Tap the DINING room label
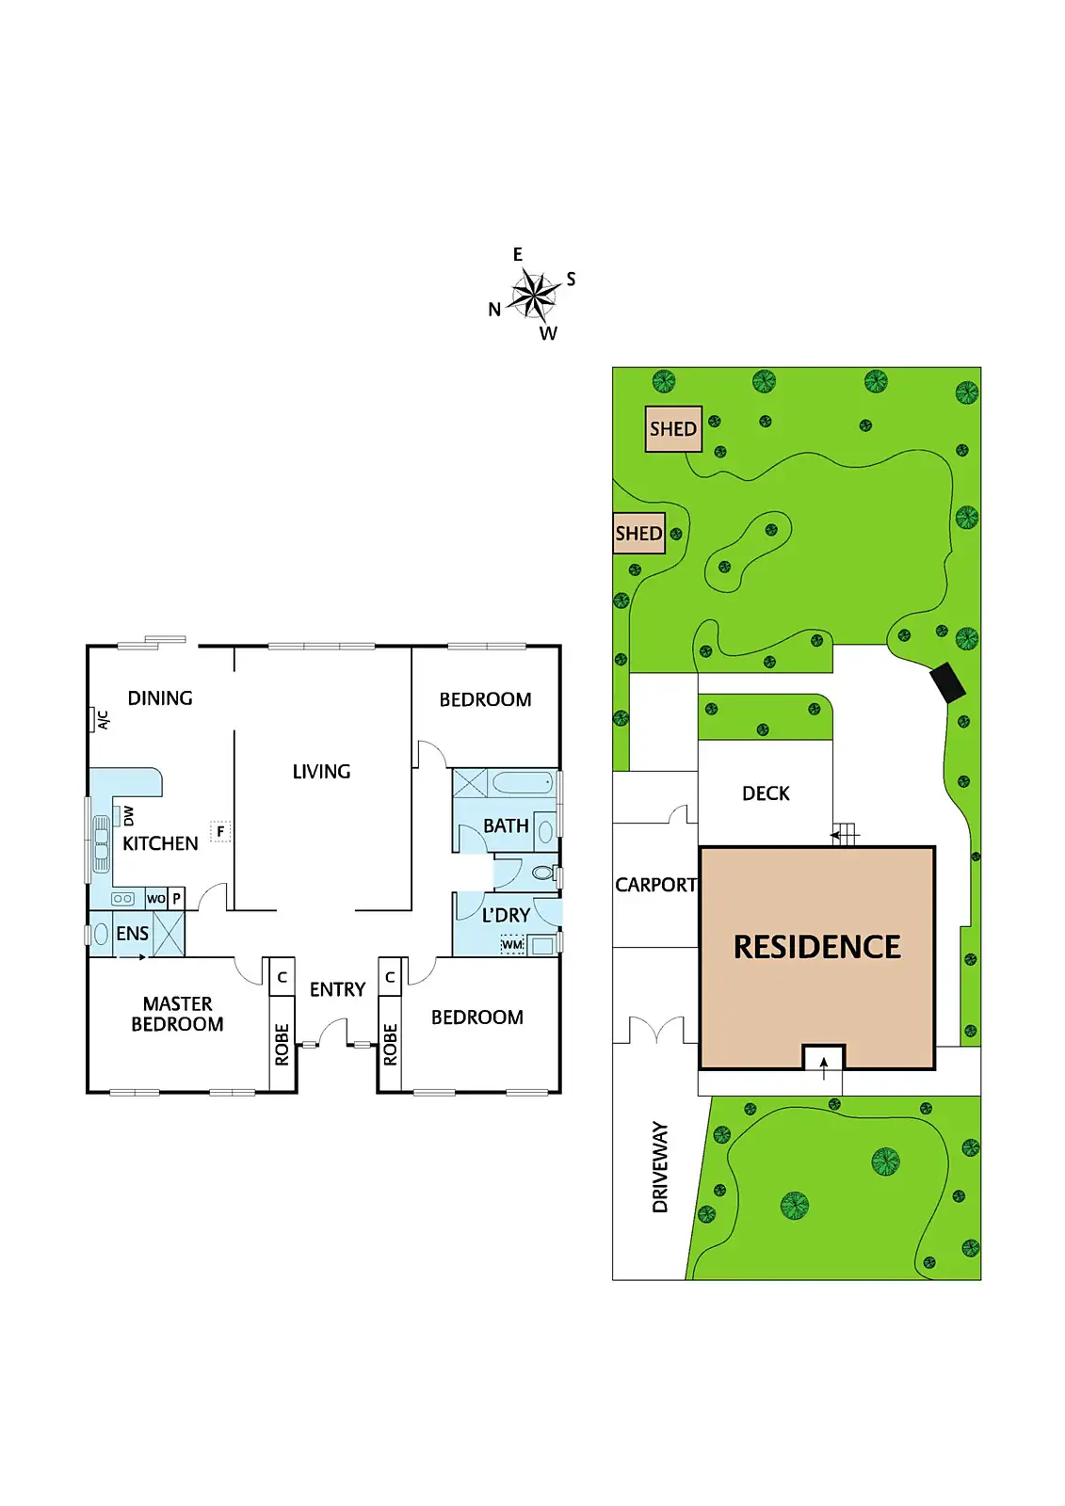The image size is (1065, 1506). click(x=160, y=698)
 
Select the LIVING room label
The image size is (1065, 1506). click(x=321, y=772)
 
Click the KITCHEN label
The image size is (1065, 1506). click(x=160, y=843)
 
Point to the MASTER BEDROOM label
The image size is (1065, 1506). click(x=177, y=1015)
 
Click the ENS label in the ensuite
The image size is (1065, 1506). click(x=132, y=934)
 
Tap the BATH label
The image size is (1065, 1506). click(x=506, y=825)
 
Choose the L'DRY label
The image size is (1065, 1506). click(x=506, y=915)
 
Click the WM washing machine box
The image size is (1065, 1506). click(x=512, y=944)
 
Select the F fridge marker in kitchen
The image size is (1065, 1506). click(x=220, y=832)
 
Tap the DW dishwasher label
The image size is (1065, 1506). click(x=128, y=815)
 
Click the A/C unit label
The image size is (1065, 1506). click(x=103, y=720)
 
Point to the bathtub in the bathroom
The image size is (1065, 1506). click(x=523, y=782)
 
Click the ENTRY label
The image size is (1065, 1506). click(x=337, y=989)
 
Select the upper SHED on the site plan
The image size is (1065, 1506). click(x=673, y=429)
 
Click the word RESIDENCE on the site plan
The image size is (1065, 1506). click(x=817, y=947)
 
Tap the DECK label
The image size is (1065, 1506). click(x=766, y=793)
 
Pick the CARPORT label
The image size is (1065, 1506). click(x=655, y=885)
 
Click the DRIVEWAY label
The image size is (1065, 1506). click(x=660, y=1166)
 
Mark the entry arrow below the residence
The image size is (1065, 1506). click(x=824, y=1064)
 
